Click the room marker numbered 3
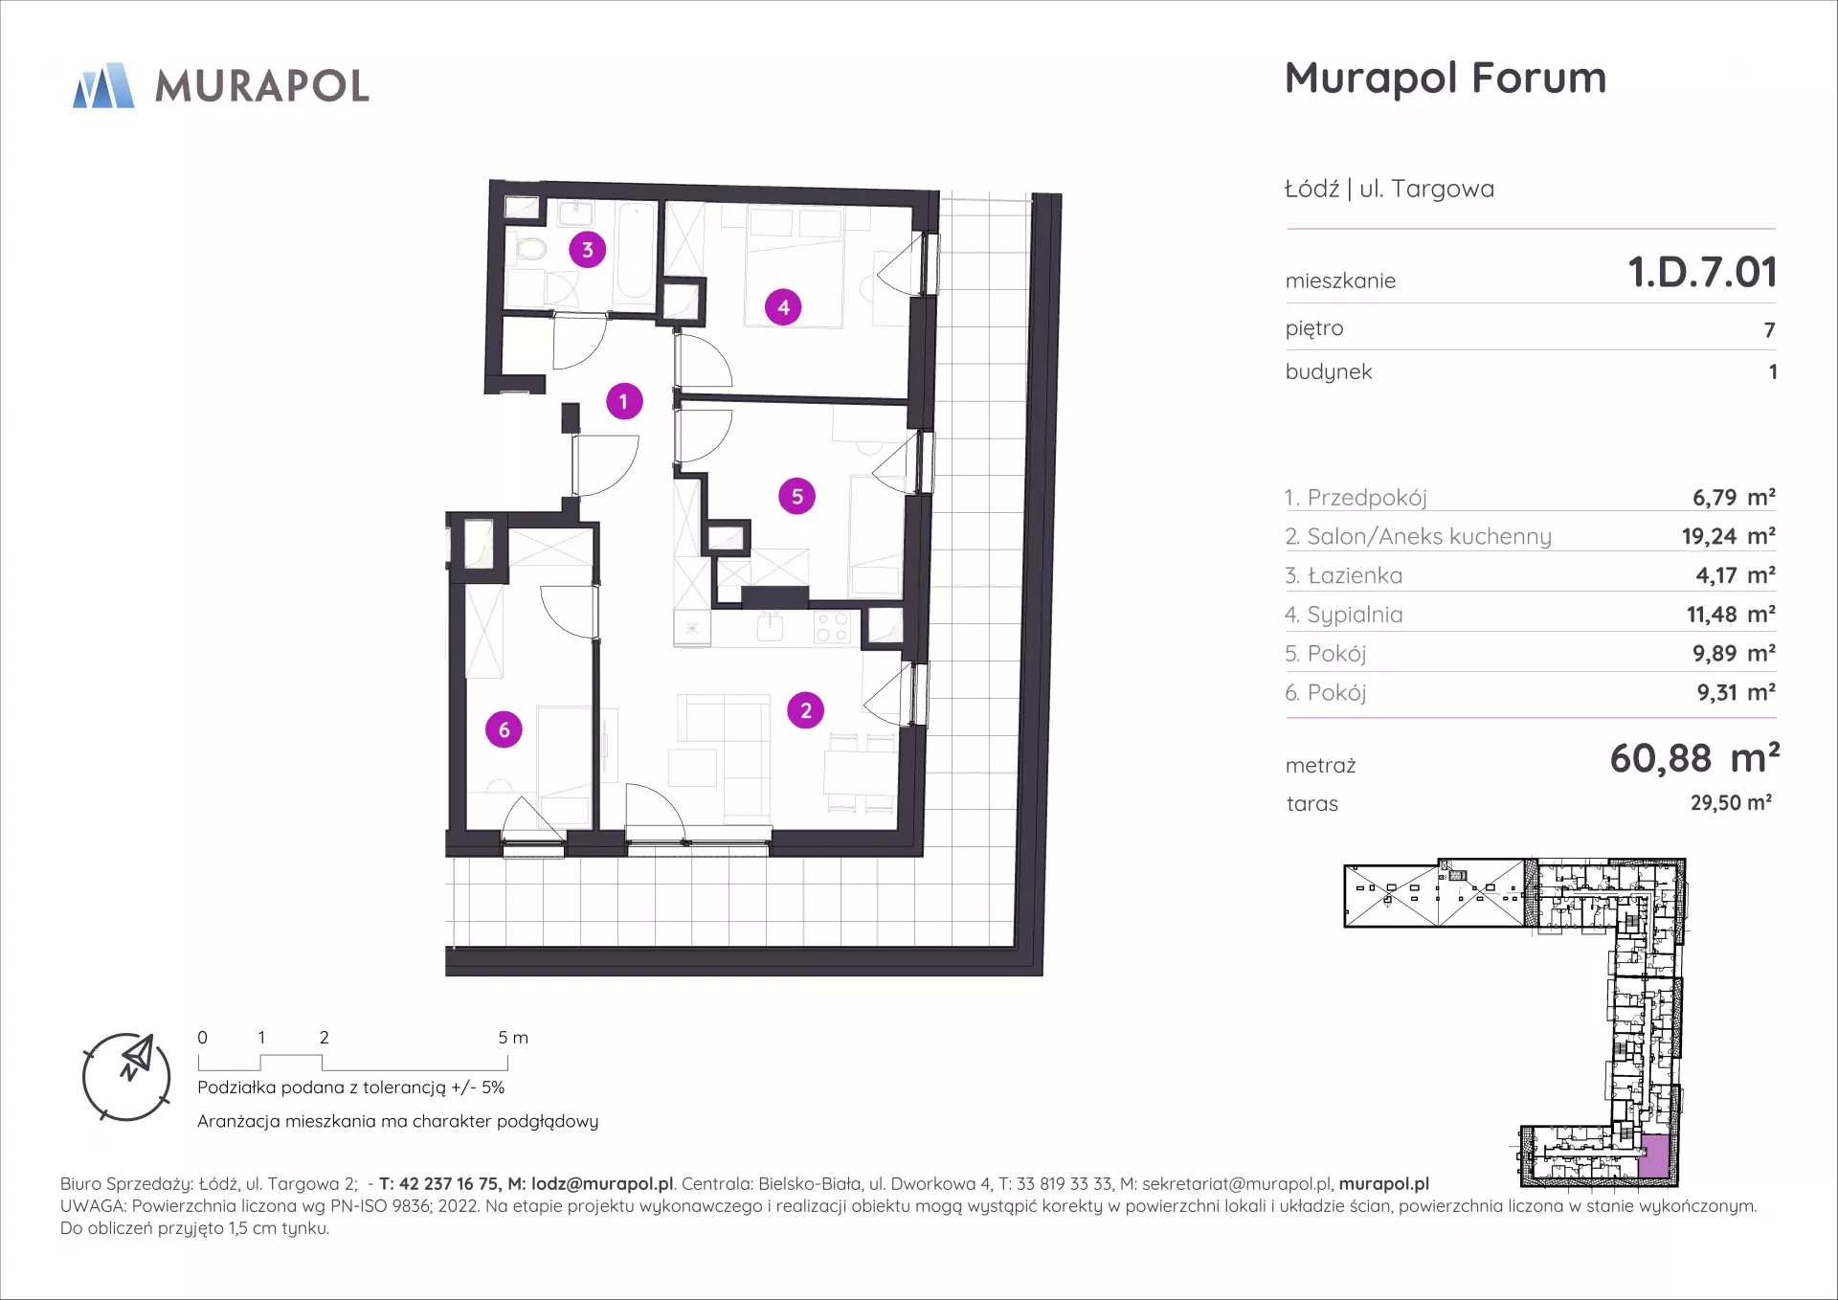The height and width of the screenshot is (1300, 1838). [588, 250]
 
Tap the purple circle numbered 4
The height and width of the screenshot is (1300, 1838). [783, 307]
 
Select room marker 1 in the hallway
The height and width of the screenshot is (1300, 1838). [624, 401]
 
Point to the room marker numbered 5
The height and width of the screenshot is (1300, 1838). [797, 497]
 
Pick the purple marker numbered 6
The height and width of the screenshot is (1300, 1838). [504, 729]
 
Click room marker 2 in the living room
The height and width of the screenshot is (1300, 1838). [806, 710]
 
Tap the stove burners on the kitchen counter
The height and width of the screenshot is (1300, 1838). [832, 628]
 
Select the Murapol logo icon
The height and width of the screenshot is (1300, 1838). [103, 85]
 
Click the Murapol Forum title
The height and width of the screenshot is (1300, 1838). [1446, 78]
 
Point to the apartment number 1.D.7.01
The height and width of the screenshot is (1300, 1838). [1703, 272]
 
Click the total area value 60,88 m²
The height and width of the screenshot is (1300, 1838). [1694, 758]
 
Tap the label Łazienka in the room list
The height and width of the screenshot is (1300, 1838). [1355, 575]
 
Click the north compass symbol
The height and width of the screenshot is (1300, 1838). [126, 1077]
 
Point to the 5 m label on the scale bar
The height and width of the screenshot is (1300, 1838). [513, 1038]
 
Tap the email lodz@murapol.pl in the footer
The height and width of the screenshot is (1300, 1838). [602, 1184]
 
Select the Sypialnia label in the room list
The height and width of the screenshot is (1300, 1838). [1355, 615]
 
